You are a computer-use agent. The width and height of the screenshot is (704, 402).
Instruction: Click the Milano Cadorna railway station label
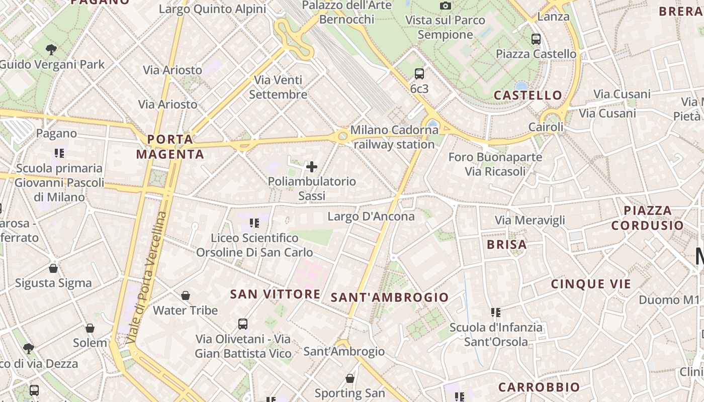pyautogui.click(x=394, y=137)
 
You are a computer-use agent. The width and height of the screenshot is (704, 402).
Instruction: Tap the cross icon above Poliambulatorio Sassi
pyautogui.click(x=312, y=167)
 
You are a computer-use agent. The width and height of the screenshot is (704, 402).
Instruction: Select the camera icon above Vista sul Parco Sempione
pyautogui.click(x=445, y=6)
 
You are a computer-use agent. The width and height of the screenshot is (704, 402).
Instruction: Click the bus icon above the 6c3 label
pyautogui.click(x=419, y=74)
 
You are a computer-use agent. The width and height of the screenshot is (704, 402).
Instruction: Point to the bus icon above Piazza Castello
pyautogui.click(x=536, y=39)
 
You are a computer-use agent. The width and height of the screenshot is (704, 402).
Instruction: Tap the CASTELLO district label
pyautogui.click(x=528, y=95)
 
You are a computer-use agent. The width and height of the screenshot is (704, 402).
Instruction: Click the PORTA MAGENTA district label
pyautogui.click(x=170, y=147)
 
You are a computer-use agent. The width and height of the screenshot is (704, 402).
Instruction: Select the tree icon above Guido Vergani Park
pyautogui.click(x=51, y=49)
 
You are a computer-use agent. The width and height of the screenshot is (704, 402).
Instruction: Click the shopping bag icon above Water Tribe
pyautogui.click(x=186, y=295)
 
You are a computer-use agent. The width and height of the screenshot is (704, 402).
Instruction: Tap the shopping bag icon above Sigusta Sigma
pyautogui.click(x=53, y=268)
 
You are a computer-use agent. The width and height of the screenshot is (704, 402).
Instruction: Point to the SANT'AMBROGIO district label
pyautogui.click(x=390, y=297)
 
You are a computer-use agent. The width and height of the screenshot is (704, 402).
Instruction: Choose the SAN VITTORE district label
pyautogui.click(x=275, y=294)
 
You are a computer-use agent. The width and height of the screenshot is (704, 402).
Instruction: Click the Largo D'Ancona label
pyautogui.click(x=371, y=217)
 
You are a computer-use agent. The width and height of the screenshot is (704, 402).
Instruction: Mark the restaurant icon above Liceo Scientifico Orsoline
pyautogui.click(x=254, y=223)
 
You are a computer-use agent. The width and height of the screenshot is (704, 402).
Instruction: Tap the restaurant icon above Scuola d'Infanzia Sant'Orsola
pyautogui.click(x=496, y=313)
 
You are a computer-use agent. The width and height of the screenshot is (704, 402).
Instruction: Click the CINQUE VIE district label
pyautogui.click(x=591, y=284)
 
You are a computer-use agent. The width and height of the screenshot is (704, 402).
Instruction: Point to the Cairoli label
pyautogui.click(x=546, y=127)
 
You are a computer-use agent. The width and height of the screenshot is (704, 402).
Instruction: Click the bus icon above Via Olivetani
pyautogui.click(x=243, y=324)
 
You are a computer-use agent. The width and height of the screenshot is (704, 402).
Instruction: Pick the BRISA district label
pyautogui.click(x=507, y=245)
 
